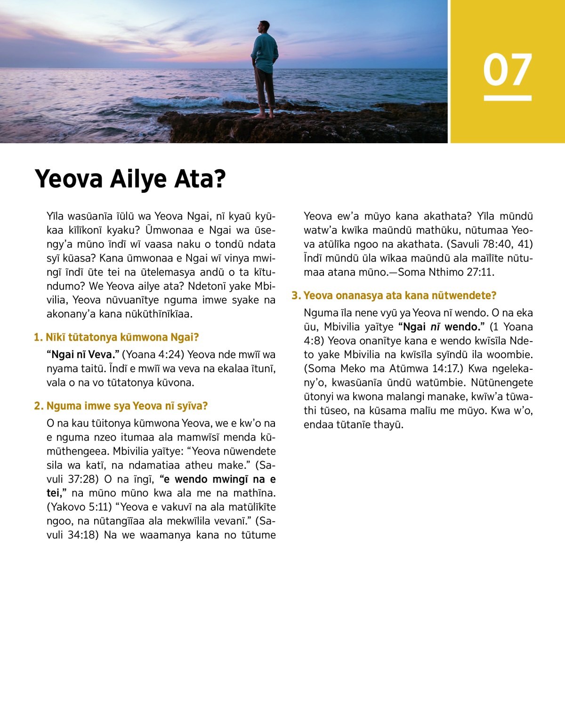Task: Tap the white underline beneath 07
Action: click(x=507, y=98)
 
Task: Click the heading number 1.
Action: click(x=38, y=337)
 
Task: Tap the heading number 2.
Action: click(x=38, y=406)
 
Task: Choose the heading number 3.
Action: click(x=296, y=296)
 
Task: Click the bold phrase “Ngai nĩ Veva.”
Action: click(x=83, y=355)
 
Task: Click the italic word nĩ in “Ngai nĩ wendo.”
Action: click(x=436, y=327)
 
